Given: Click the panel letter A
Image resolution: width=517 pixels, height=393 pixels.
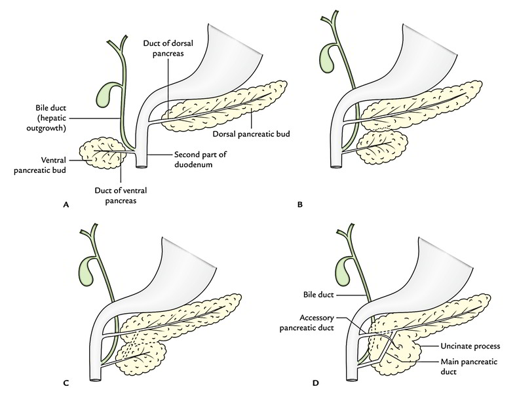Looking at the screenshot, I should [x=65, y=204].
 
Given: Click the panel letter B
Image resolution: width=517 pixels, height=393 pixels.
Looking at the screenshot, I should [x=300, y=204].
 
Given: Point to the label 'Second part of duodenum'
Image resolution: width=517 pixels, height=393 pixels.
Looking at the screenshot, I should [x=197, y=159].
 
